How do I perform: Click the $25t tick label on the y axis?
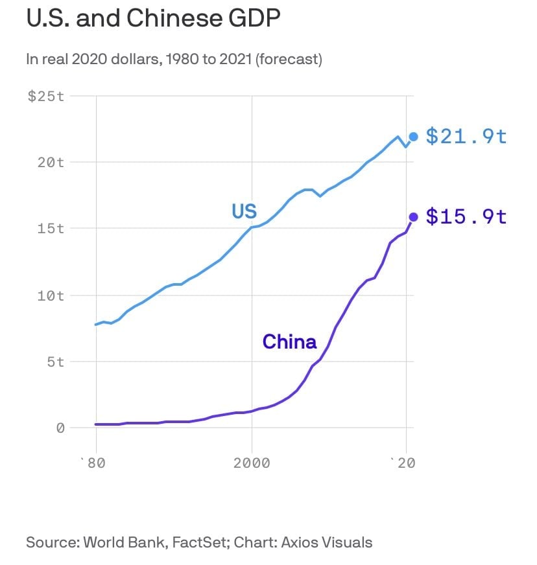[x=46, y=97]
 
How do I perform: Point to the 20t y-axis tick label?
[x=51, y=163]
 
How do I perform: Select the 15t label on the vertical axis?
[x=51, y=229]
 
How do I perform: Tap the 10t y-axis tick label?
[x=51, y=296]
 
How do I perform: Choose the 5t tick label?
[x=55, y=362]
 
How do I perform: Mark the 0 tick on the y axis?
[x=60, y=428]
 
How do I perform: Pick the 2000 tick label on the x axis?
[x=252, y=463]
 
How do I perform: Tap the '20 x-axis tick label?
[x=405, y=463]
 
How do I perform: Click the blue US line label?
[x=245, y=211]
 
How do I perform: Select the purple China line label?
[x=289, y=341]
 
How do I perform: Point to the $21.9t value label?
[x=466, y=137]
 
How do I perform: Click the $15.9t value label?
[x=466, y=216]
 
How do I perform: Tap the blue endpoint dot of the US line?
[x=413, y=137]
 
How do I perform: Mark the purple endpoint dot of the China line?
[x=413, y=217]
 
